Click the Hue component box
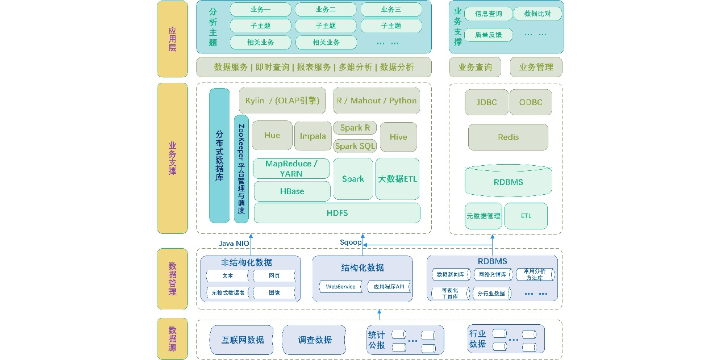pos(272,135)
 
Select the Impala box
pos(313,136)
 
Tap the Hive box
pos(398,137)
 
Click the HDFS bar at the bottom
pos(337,213)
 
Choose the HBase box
pos(292,191)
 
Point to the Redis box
pos(508,137)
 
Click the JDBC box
pos(486,102)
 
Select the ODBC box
pos(531,102)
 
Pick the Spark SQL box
pos(355,146)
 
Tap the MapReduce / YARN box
pos(291,169)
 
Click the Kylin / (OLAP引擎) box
pos(282,101)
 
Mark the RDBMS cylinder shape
pos(508,181)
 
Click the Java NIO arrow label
pos(234,243)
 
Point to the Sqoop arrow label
pos(351,242)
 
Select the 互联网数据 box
pos(243,340)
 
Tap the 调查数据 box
pos(315,340)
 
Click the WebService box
pos(340,287)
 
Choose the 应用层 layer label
pos(172,39)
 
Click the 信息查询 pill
pos(488,14)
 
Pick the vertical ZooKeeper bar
pos(241,169)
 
